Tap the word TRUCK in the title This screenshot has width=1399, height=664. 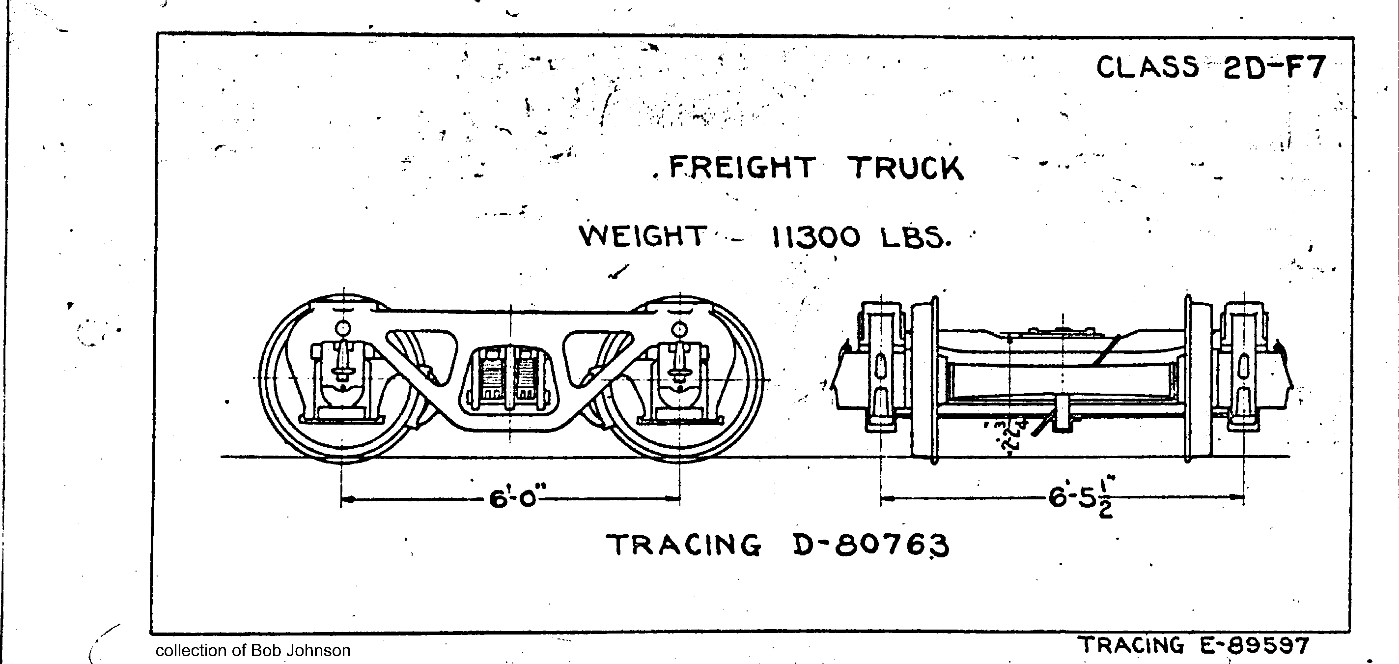pos(905,169)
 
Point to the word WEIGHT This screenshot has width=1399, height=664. pos(643,236)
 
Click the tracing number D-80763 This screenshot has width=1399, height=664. pos(871,545)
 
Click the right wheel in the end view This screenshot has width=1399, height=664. pos(1198,380)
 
